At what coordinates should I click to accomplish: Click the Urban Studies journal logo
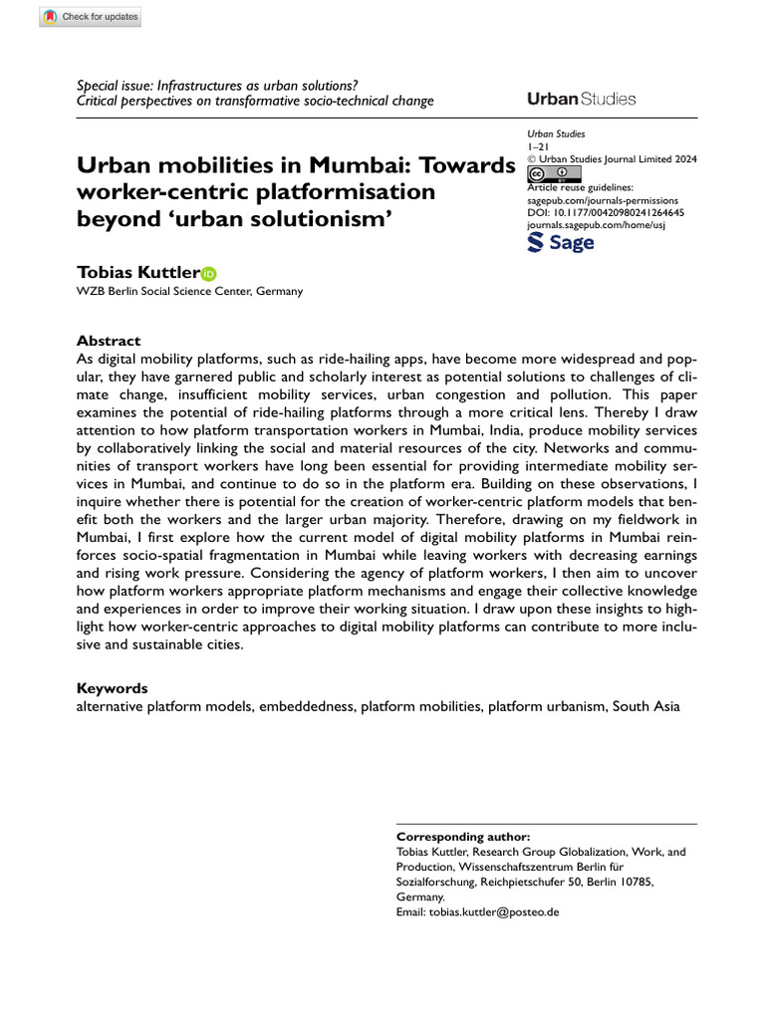pyautogui.click(x=581, y=99)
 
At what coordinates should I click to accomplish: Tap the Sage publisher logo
pyautogui.click(x=560, y=241)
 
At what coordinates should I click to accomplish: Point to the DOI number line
pyautogui.click(x=606, y=212)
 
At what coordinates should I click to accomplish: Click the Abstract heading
pyautogui.click(x=109, y=340)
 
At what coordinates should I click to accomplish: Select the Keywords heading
pyautogui.click(x=113, y=688)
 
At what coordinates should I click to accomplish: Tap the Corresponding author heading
pyautogui.click(x=463, y=837)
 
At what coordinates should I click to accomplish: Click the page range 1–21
pyautogui.click(x=539, y=145)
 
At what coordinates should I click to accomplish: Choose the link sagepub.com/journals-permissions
pyautogui.click(x=604, y=199)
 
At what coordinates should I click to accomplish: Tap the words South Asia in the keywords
pyautogui.click(x=645, y=706)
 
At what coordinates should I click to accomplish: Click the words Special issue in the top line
pyautogui.click(x=114, y=86)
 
